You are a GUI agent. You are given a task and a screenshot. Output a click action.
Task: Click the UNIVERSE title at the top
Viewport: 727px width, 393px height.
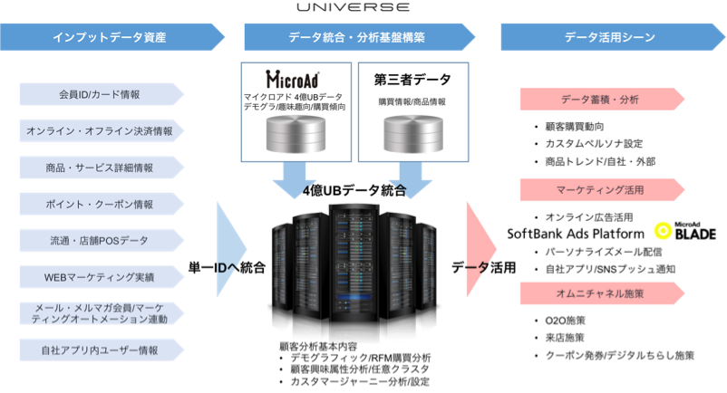[353, 7]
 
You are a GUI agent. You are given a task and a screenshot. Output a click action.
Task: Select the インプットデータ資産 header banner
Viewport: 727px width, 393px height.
[110, 37]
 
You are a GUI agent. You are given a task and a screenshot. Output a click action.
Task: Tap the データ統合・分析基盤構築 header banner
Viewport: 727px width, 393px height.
[356, 37]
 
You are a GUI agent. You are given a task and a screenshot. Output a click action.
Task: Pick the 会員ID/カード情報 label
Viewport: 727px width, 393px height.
[100, 94]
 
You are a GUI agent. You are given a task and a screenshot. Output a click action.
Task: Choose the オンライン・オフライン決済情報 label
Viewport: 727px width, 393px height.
[100, 130]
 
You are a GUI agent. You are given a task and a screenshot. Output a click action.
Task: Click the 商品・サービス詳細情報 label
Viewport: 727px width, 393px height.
[100, 168]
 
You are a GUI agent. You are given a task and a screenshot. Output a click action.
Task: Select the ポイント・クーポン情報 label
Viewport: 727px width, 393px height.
[100, 204]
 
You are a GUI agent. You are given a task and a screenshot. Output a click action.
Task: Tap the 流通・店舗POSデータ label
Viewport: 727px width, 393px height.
[100, 240]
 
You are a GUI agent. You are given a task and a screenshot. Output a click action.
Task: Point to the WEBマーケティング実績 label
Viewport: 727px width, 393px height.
[100, 276]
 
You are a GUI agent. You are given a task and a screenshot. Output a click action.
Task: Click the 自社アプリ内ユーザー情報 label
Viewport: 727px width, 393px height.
[100, 350]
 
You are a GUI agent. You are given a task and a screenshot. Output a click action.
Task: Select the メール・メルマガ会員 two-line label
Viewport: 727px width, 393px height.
[100, 312]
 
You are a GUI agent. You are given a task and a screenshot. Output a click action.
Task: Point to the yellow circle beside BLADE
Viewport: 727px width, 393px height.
[662, 231]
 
